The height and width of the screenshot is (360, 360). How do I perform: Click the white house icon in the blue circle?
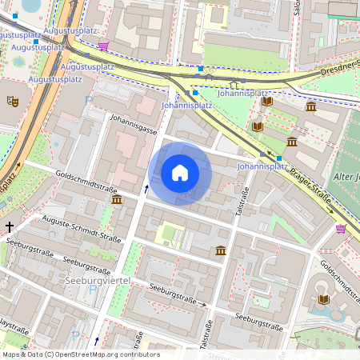(x=180, y=172)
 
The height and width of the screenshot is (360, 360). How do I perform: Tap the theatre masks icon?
(x=12, y=102)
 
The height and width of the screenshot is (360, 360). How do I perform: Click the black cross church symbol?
(x=10, y=227)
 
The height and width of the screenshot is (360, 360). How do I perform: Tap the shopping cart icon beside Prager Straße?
(x=342, y=229)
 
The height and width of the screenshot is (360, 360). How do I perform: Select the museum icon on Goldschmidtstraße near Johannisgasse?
(x=117, y=199)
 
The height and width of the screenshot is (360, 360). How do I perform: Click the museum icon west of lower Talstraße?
(x=220, y=251)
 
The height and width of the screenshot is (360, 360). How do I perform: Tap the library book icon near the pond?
(x=323, y=299)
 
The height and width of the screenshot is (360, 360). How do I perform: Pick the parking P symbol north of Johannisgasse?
(x=89, y=101)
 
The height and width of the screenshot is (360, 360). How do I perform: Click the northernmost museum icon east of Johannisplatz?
(x=310, y=106)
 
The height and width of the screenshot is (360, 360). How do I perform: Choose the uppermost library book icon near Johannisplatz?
(x=266, y=101)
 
